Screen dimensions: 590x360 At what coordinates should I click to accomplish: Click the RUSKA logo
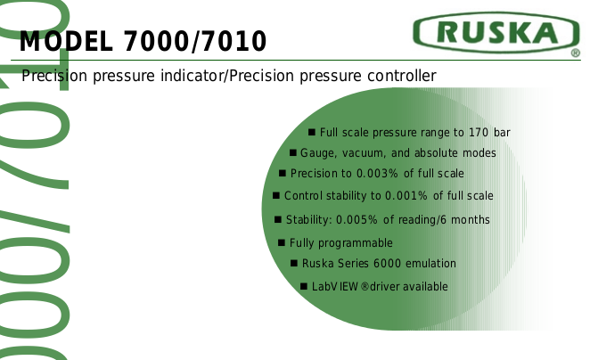point(496,32)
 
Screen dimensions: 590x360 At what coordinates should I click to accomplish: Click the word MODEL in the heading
point(66,41)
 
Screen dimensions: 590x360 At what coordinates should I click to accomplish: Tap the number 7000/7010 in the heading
point(195,41)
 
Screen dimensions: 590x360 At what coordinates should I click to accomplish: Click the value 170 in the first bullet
point(479,133)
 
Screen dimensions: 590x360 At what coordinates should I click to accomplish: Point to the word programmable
point(356,243)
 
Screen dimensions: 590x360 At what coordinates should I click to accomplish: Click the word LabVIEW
point(335,287)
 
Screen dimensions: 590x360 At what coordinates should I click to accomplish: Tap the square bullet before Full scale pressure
point(312,132)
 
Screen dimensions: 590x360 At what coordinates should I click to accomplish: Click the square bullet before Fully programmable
point(282,242)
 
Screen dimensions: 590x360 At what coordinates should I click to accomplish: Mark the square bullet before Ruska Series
point(294,263)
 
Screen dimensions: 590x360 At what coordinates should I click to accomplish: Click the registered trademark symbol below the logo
point(576,53)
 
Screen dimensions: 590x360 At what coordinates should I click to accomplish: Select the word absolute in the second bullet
point(436,153)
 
